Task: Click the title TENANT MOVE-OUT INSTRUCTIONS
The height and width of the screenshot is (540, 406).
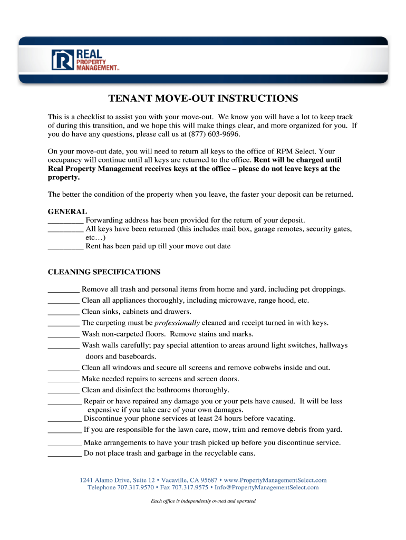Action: pyautogui.click(x=203, y=99)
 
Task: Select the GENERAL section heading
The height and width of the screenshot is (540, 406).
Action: pyautogui.click(x=67, y=211)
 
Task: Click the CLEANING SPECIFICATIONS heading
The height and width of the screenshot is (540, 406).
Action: pyautogui.click(x=104, y=272)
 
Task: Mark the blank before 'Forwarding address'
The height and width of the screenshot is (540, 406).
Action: pyautogui.click(x=65, y=220)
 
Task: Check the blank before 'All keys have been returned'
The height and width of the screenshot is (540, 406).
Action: pyautogui.click(x=65, y=229)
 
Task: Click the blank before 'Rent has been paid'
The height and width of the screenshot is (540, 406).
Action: pyautogui.click(x=65, y=246)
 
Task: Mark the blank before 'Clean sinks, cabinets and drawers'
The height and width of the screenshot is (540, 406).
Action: pyautogui.click(x=63, y=312)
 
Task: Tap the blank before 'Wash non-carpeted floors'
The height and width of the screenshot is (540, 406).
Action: pyautogui.click(x=63, y=334)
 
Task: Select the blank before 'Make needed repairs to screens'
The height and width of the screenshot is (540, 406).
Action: pyautogui.click(x=63, y=379)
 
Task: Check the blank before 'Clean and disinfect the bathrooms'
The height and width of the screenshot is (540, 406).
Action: pyautogui.click(x=63, y=390)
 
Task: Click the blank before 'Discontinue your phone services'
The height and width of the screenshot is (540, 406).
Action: pyautogui.click(x=64, y=419)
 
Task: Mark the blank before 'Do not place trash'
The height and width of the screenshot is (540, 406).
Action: pyautogui.click(x=64, y=454)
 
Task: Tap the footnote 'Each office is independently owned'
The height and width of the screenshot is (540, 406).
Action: pyautogui.click(x=203, y=501)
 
